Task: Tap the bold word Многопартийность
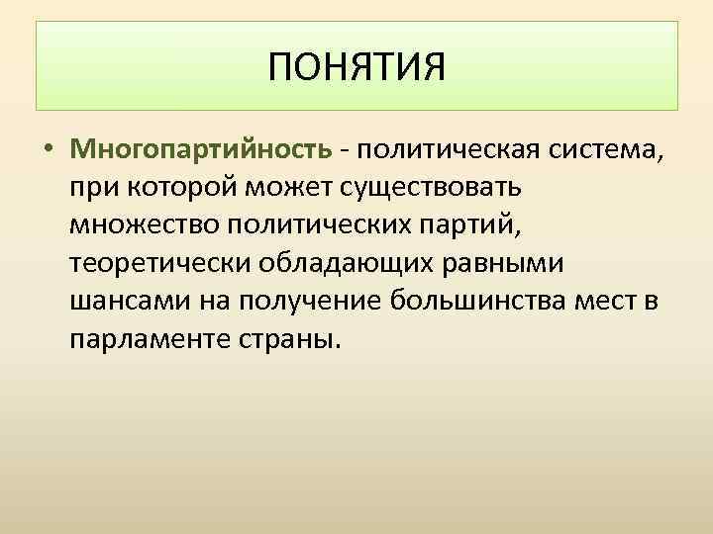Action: click(201, 149)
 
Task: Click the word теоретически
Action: click(157, 262)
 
